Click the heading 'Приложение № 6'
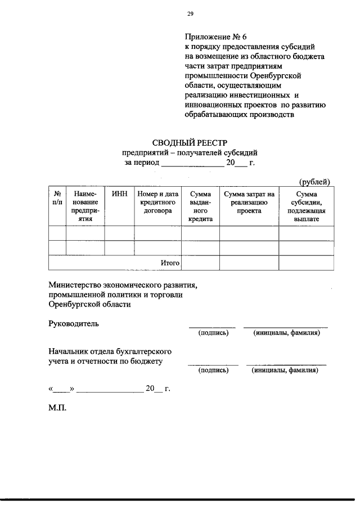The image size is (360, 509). pos(211,37)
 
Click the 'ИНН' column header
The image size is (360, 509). pos(119,194)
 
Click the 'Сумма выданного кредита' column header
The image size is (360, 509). pos(200,206)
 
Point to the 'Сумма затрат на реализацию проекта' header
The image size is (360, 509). pos(249,202)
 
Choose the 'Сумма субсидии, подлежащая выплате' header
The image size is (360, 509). pos(305,206)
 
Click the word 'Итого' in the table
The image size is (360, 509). pos(170,263)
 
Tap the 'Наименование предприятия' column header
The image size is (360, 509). pos(85,206)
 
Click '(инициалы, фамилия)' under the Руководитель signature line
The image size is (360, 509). pos(286,333)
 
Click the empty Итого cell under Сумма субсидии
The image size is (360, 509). pos(305,263)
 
